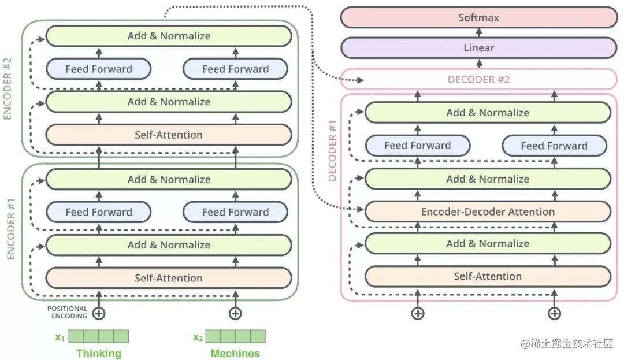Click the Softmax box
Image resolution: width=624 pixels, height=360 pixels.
[478, 17]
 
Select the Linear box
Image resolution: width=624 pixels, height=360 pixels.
[478, 48]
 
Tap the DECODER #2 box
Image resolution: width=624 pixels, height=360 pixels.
[478, 79]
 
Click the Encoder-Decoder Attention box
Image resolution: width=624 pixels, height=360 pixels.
[487, 211]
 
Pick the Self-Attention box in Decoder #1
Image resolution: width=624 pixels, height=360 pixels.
[487, 276]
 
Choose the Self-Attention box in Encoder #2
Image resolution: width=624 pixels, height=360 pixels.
[168, 135]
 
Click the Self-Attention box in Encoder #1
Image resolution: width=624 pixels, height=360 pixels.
[168, 278]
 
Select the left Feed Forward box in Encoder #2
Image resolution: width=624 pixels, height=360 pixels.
[98, 69]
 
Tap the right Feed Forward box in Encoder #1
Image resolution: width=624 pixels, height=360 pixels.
[235, 212]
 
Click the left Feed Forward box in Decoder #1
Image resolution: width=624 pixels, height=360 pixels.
[417, 146]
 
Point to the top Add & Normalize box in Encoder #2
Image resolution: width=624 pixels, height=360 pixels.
[168, 36]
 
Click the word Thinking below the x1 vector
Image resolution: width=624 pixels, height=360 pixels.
[99, 353]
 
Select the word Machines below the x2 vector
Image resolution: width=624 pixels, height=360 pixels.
[235, 353]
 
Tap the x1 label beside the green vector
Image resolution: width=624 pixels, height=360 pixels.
[60, 337]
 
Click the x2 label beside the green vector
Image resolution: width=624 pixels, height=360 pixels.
[198, 337]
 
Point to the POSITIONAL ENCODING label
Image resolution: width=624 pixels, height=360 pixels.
[67, 313]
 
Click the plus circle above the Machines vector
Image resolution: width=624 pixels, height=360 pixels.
[235, 314]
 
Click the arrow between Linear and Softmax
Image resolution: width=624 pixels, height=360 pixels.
[478, 33]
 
